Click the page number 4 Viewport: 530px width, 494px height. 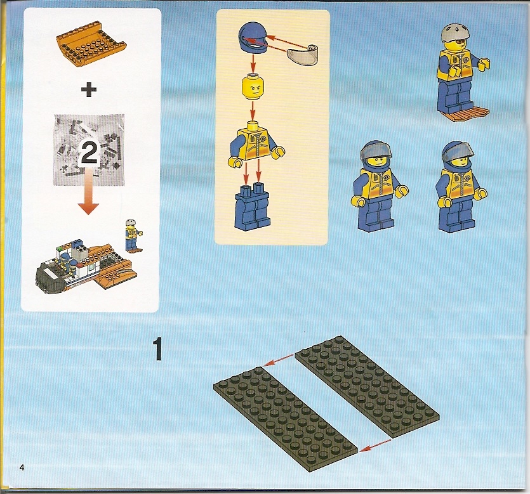click(x=22, y=467)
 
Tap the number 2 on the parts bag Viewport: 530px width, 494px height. click(x=89, y=154)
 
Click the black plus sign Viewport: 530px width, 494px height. click(x=89, y=89)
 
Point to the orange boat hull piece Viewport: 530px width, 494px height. click(x=91, y=47)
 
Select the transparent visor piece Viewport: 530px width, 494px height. click(x=303, y=55)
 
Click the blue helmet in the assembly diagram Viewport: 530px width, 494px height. click(x=253, y=38)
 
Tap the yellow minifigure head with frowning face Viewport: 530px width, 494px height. click(x=253, y=87)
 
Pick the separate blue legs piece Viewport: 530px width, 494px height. click(x=252, y=207)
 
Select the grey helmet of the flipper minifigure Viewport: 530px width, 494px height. click(x=455, y=33)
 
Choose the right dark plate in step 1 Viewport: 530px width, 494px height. click(x=368, y=387)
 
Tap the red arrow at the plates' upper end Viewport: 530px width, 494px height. click(x=278, y=359)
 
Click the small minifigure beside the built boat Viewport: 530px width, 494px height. click(x=133, y=235)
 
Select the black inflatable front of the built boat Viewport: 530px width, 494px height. click(x=51, y=276)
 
